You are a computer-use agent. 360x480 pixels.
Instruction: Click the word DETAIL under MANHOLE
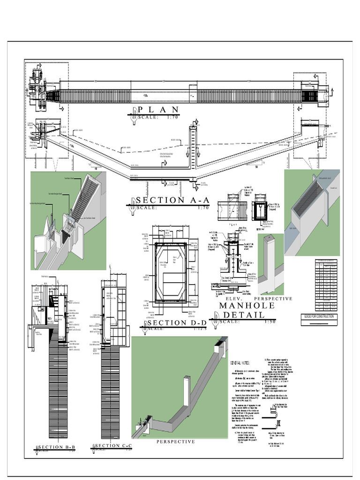(x=244, y=315)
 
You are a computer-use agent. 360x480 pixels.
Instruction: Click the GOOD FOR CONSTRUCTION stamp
(x=319, y=316)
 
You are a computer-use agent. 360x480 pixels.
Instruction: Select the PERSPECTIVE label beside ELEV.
(x=273, y=299)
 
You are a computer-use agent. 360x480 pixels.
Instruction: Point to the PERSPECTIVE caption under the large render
(x=175, y=442)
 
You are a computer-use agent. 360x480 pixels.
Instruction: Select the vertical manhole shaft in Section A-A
(x=193, y=148)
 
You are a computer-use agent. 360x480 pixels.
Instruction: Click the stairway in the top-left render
(x=86, y=194)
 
